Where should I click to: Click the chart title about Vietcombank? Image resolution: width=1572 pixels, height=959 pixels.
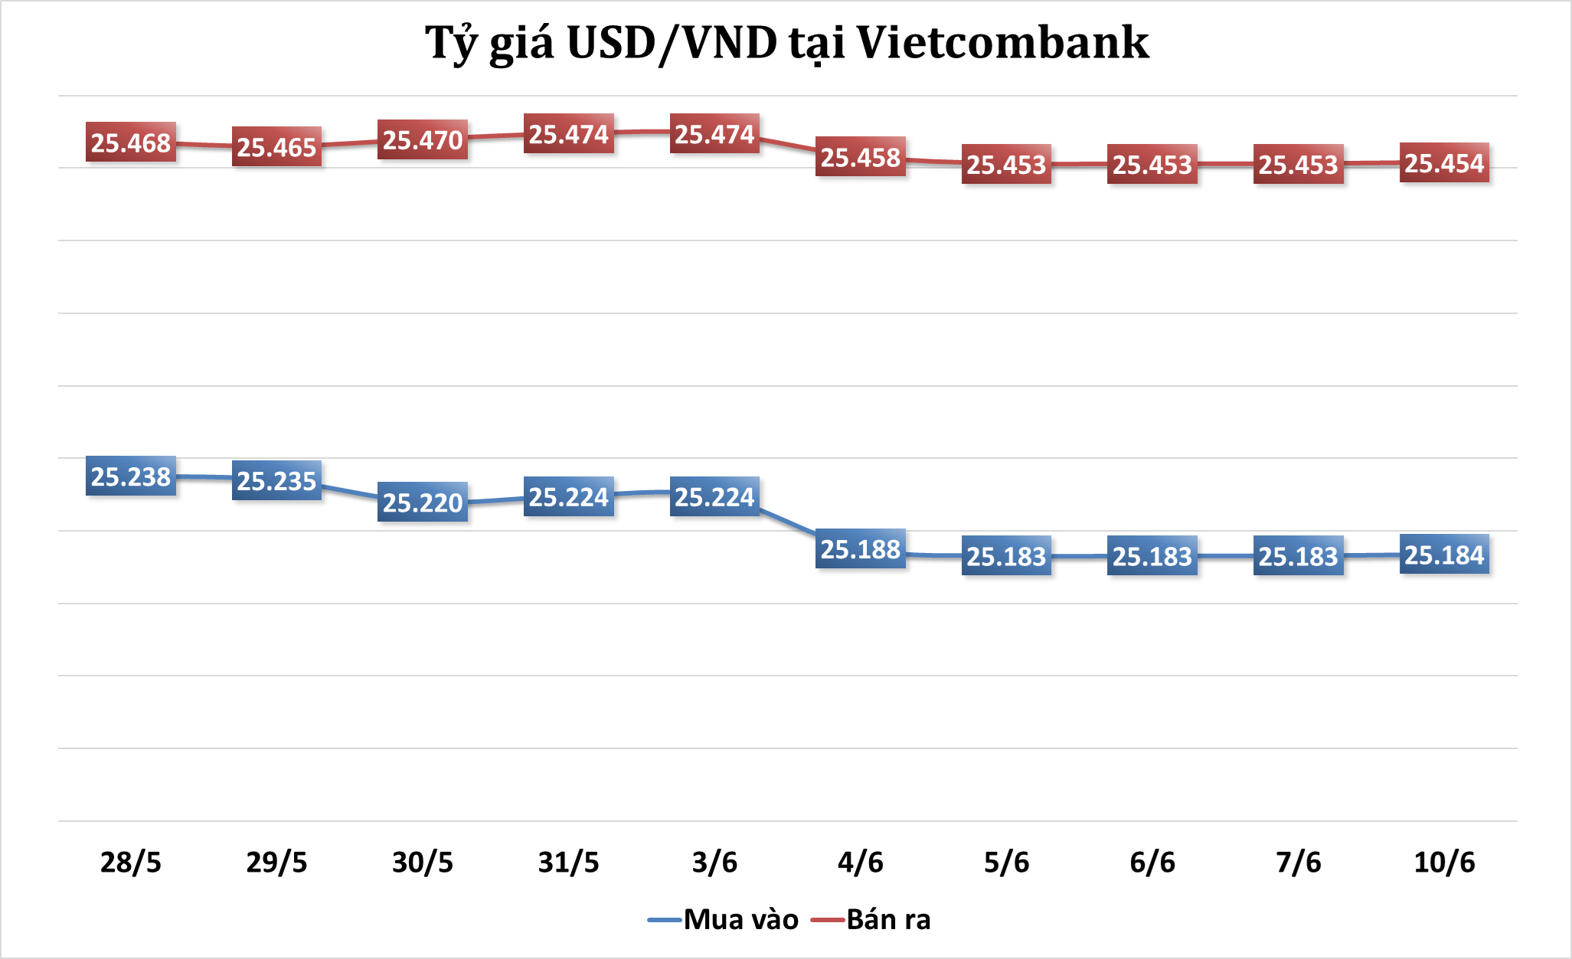[x=786, y=43]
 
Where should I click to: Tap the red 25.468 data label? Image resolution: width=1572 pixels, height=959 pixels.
[x=131, y=142]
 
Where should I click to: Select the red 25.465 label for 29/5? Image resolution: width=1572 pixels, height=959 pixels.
[x=276, y=147]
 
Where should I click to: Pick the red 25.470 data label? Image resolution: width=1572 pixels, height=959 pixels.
[x=423, y=140]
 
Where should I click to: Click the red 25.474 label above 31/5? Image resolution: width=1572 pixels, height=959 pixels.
[x=569, y=134]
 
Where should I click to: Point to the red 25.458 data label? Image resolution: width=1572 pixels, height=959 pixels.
[x=861, y=157]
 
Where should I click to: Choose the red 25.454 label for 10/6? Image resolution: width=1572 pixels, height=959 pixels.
[x=1444, y=163]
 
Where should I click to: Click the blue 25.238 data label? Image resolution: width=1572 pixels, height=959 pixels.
[x=131, y=476]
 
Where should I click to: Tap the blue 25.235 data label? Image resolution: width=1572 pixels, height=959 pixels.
[x=276, y=481]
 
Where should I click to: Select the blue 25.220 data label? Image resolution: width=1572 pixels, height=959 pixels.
[x=423, y=502]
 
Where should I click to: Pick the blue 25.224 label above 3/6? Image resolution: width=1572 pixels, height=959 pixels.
[x=714, y=497]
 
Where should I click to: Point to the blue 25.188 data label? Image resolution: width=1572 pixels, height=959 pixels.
[x=861, y=549]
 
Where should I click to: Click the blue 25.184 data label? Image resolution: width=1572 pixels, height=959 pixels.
[x=1444, y=555]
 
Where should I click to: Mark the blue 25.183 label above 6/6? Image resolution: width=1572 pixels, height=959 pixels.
[x=1152, y=556]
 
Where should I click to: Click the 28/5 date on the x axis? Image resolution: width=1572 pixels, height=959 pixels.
[x=131, y=862]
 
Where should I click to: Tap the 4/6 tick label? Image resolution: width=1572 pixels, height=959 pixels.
[x=861, y=862]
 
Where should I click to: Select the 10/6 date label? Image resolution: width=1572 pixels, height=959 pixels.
[x=1444, y=862]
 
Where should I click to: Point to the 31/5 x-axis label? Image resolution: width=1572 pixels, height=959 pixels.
[x=569, y=862]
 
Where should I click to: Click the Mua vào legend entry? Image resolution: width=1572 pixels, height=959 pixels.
[x=724, y=919]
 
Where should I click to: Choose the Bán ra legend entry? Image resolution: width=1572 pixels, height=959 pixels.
[x=872, y=919]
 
